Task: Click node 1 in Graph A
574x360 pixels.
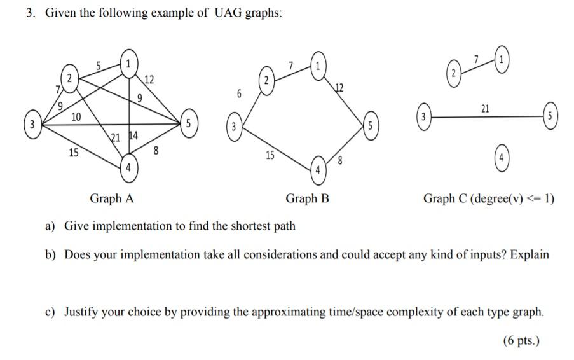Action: pyautogui.click(x=130, y=63)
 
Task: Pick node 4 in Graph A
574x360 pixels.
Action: pyautogui.click(x=130, y=167)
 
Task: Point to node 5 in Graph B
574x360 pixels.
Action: pyautogui.click(x=369, y=125)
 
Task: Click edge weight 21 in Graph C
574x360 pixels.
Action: pyautogui.click(x=485, y=109)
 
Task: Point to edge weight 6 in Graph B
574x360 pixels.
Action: pyautogui.click(x=239, y=93)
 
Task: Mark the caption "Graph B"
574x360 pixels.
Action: pyautogui.click(x=307, y=198)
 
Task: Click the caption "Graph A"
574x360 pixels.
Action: pyautogui.click(x=112, y=198)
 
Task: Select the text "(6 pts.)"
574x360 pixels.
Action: pyautogui.click(x=521, y=340)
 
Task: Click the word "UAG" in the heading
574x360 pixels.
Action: pyautogui.click(x=227, y=14)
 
